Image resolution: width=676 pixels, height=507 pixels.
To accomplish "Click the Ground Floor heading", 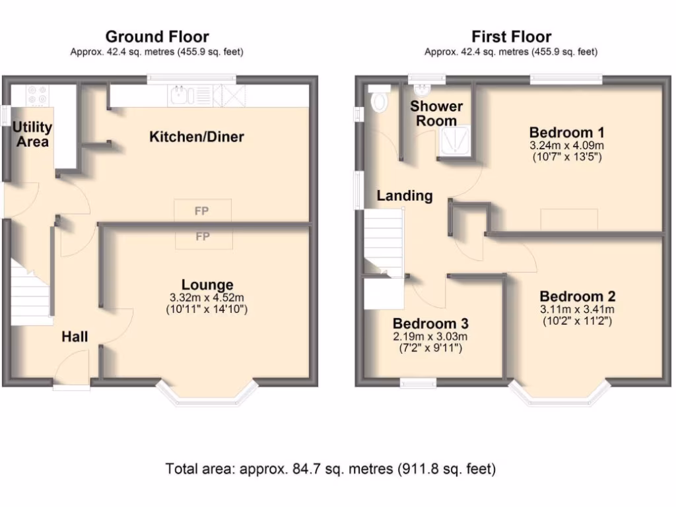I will pyautogui.click(x=157, y=36).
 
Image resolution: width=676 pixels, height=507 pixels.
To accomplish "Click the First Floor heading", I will pyautogui.click(x=511, y=36).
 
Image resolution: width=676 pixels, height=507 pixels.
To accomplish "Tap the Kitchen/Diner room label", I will pyautogui.click(x=197, y=137).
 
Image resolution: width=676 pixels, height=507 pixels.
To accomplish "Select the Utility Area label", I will pyautogui.click(x=32, y=133).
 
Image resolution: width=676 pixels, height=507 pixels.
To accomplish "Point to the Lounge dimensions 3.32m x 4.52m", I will pyautogui.click(x=207, y=298).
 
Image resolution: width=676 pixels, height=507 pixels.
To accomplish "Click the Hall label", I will pyautogui.click(x=75, y=337).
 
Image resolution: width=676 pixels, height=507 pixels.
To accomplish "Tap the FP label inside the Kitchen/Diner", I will pyautogui.click(x=202, y=212).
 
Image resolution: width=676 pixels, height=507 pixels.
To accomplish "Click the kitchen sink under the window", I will pyautogui.click(x=180, y=96).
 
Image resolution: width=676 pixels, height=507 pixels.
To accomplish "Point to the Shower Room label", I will pyautogui.click(x=436, y=114).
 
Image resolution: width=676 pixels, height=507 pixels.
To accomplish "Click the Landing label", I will pyautogui.click(x=405, y=195).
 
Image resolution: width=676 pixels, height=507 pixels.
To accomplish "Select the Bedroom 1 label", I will pyautogui.click(x=567, y=131).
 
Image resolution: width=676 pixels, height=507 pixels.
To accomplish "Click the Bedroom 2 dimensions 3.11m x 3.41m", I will pyautogui.click(x=577, y=310).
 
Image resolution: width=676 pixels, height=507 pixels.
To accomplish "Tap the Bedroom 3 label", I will pyautogui.click(x=430, y=323).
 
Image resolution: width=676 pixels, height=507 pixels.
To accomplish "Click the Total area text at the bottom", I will pyautogui.click(x=330, y=469).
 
